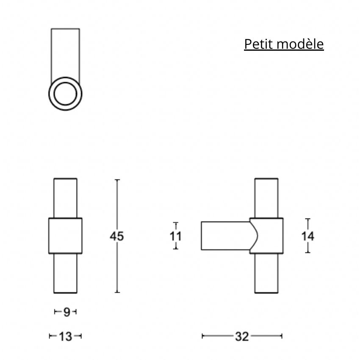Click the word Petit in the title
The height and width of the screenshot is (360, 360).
point(257,44)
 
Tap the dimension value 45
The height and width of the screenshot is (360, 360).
point(117,236)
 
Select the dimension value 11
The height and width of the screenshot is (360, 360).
point(176,236)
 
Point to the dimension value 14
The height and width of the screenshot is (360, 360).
point(308,236)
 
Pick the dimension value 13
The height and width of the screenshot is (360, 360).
point(65,336)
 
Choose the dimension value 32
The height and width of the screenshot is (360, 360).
point(242,336)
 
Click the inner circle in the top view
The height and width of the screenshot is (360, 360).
point(65,93)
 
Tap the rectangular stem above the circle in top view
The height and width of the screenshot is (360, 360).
point(65,53)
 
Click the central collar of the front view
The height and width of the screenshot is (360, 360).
point(65,236)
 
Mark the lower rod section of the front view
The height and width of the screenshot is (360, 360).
point(65,273)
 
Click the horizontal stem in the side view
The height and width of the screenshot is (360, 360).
point(224,235)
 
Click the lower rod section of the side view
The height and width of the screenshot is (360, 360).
point(266,273)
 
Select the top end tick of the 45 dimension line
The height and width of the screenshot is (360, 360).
point(117,180)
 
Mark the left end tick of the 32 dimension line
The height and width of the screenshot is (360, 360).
point(202,336)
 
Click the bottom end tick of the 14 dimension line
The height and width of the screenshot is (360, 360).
point(308,253)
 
